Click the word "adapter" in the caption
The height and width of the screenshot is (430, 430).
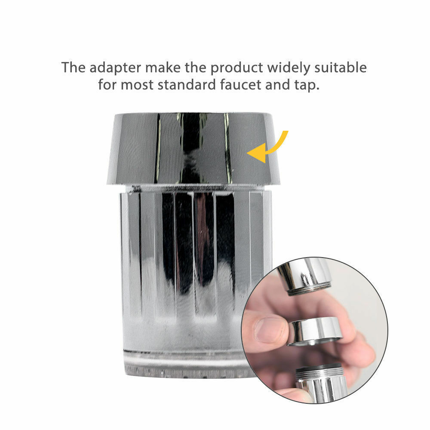tap(115, 68)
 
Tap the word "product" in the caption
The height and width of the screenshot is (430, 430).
tap(236, 68)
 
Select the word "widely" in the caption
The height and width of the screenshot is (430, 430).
tap(289, 68)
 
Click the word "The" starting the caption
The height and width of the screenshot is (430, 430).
tap(73, 68)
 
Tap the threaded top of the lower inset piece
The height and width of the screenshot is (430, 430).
tap(319, 372)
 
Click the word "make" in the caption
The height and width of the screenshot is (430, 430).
tap(163, 68)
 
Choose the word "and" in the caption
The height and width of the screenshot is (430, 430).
tap(277, 84)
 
